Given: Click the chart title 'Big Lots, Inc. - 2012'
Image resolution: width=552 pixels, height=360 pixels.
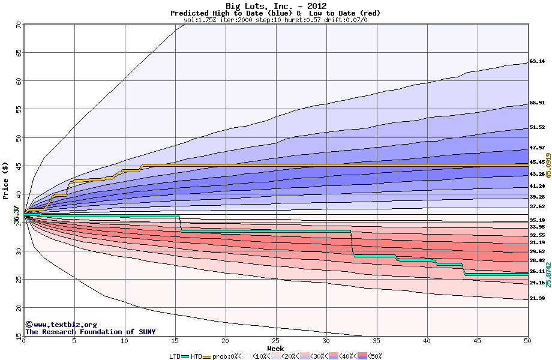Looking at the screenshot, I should coord(275,6).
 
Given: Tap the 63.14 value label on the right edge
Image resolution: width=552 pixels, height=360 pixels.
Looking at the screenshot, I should coord(537,61).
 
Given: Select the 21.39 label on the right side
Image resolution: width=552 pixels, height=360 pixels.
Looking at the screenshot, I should coord(537,298).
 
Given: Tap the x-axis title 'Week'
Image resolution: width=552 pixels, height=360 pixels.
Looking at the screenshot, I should coord(275,349).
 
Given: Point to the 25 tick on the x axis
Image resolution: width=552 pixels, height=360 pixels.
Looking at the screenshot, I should coord(275,341).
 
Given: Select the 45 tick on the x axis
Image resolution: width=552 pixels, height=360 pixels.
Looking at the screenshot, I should coord(477,341).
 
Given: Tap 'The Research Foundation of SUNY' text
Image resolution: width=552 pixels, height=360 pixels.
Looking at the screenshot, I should coord(88,332).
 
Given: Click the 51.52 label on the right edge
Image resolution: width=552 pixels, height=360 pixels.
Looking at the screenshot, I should coord(537,127).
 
